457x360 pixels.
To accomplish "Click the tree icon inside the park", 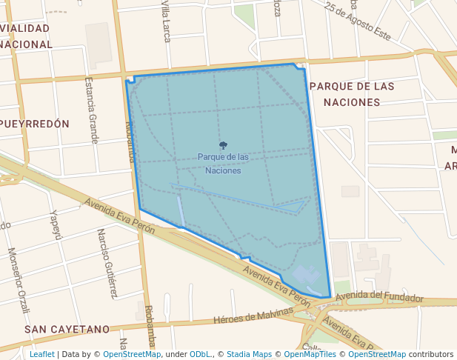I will click(223, 145).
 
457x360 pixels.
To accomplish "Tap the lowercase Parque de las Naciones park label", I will click(223, 164).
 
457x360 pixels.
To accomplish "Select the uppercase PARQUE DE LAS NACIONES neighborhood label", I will click(352, 94).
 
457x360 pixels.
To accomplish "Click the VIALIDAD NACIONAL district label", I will click(26, 36).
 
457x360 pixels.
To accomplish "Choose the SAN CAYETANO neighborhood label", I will click(67, 329).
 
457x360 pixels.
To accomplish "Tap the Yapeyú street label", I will click(55, 225).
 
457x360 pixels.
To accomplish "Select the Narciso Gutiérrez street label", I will click(107, 262).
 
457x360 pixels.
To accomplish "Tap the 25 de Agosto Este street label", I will click(357, 20).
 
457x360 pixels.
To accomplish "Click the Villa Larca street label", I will click(167, 21).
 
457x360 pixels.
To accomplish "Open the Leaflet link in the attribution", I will click(41, 354).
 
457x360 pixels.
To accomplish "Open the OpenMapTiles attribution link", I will click(312, 354).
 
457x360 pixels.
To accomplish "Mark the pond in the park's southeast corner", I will click(306, 278).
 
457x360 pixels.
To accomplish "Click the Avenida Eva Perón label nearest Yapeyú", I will click(119, 216).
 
